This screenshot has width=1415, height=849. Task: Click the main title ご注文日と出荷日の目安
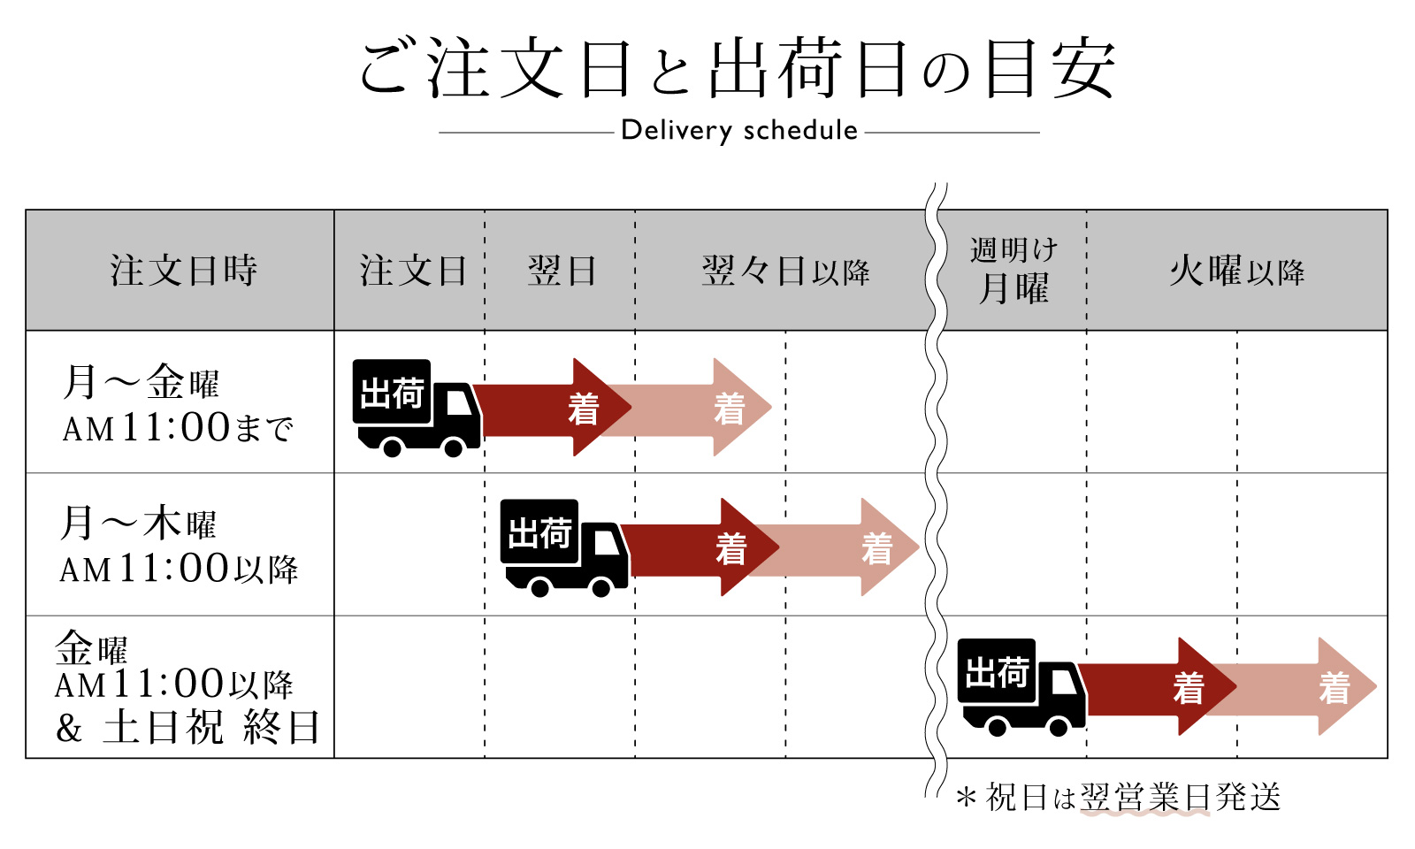738,69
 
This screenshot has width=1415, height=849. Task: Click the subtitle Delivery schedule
739,131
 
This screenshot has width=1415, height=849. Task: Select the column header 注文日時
183,271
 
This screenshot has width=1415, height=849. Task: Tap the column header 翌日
562,271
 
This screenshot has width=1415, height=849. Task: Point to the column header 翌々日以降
785,271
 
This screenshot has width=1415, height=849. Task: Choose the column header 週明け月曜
1013,271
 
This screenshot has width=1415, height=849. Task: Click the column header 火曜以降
1236,271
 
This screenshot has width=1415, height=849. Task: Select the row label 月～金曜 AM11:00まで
177,403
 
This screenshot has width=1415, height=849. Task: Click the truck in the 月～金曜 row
416,408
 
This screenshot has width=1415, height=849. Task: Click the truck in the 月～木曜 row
563,547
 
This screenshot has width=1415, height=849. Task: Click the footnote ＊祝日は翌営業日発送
1118,798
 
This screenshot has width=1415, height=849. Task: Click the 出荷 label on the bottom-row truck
997,672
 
